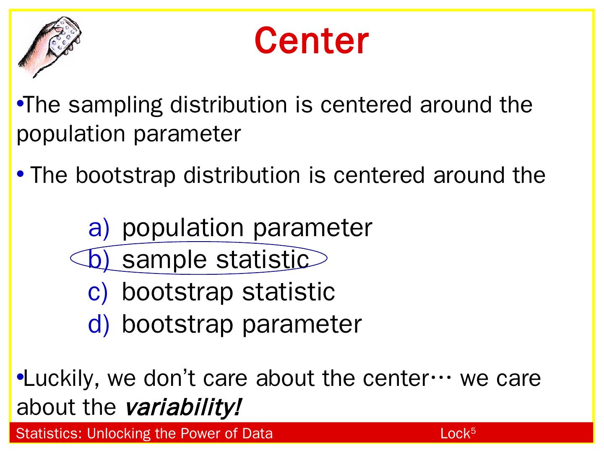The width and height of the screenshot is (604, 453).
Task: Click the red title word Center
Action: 311,41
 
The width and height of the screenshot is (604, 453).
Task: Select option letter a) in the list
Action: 99,228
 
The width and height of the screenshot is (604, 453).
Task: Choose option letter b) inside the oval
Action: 99,260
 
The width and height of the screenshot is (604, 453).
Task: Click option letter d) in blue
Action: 99,324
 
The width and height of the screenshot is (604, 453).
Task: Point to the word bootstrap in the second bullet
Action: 125,175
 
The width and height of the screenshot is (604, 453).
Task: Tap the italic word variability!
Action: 183,407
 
